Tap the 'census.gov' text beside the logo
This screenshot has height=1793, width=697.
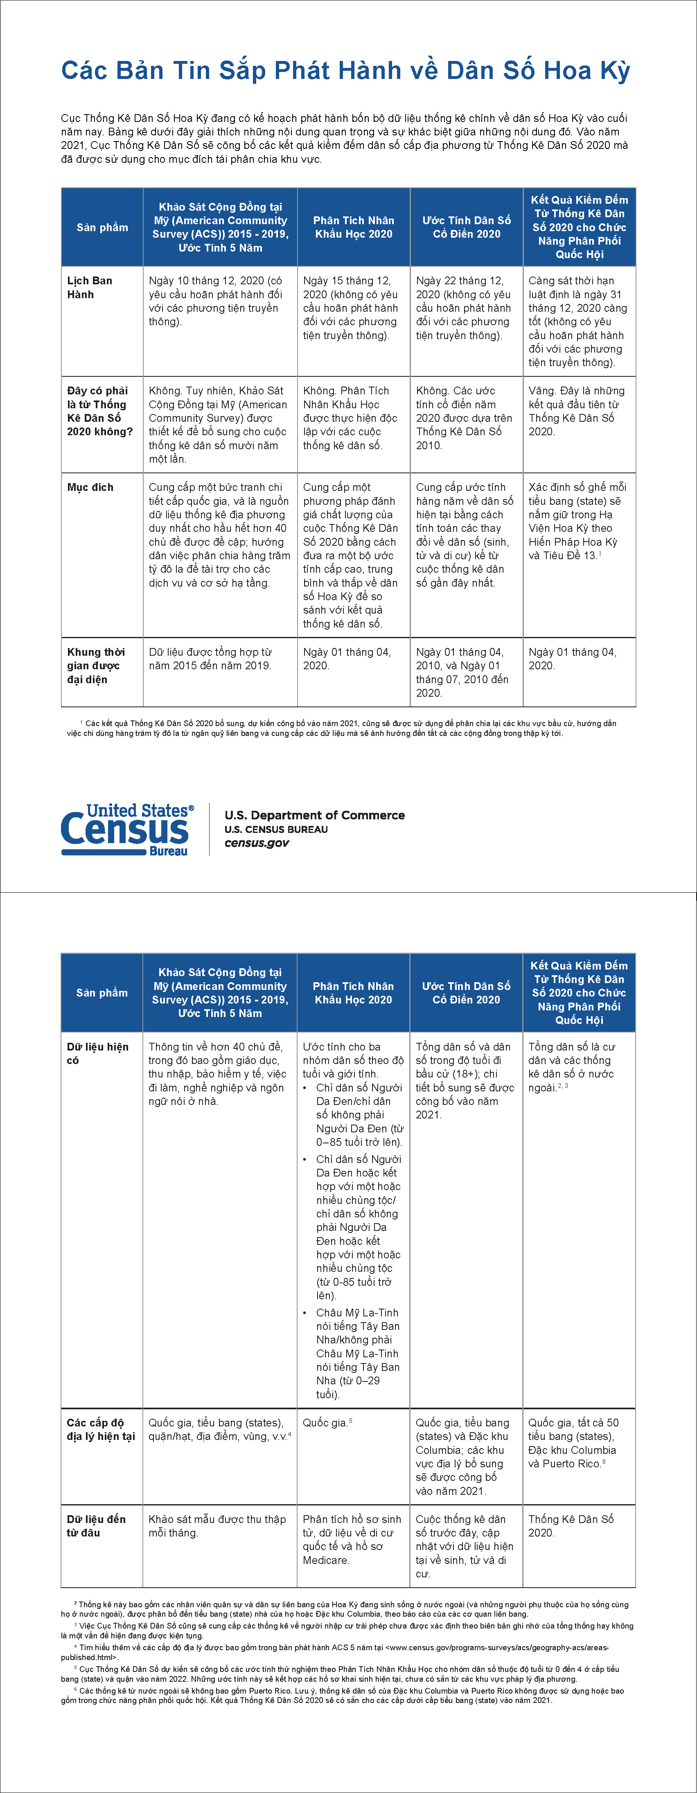256,843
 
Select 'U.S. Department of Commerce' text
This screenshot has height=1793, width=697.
314,815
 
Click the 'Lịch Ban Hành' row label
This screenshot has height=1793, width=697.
89,288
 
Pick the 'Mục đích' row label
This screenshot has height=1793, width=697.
90,487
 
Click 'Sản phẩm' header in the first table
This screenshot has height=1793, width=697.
102,227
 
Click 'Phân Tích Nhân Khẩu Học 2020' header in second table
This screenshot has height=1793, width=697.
353,992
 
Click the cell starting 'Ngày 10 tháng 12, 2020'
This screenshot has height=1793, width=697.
216,301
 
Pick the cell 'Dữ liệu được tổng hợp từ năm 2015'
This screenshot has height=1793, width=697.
210,659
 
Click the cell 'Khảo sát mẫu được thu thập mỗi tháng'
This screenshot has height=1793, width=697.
217,1526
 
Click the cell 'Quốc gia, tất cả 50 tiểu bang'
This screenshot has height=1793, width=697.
573,1443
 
